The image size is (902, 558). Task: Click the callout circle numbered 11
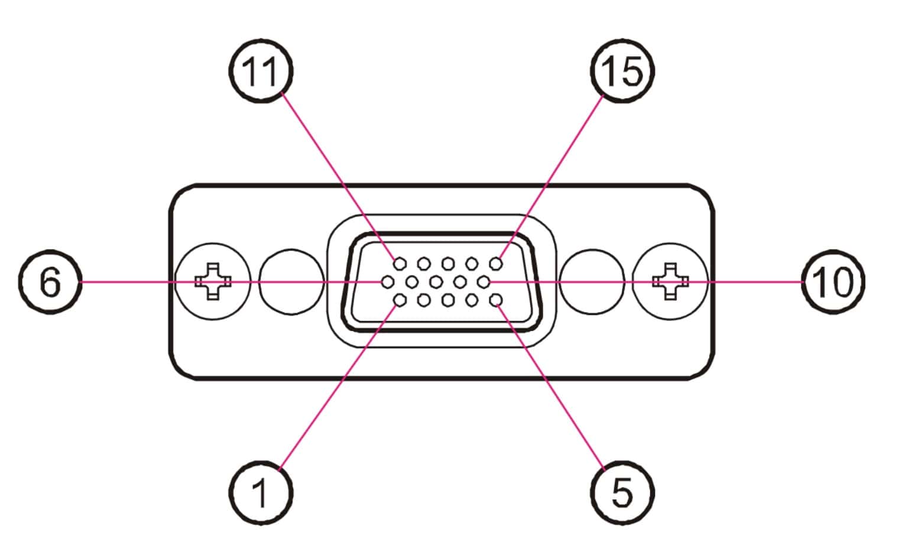(261, 71)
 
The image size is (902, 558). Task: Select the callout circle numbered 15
(622, 71)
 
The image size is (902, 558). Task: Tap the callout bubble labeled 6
(50, 282)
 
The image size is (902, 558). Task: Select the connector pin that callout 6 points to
(388, 282)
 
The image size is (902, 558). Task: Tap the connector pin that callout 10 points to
(484, 282)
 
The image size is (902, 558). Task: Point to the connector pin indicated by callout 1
(400, 301)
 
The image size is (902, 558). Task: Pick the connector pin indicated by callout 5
(497, 301)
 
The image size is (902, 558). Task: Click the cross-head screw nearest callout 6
(213, 281)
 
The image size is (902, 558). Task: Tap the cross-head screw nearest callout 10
(670, 281)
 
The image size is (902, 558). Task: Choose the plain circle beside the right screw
(592, 281)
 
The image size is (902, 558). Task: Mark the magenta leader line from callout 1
(337, 390)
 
